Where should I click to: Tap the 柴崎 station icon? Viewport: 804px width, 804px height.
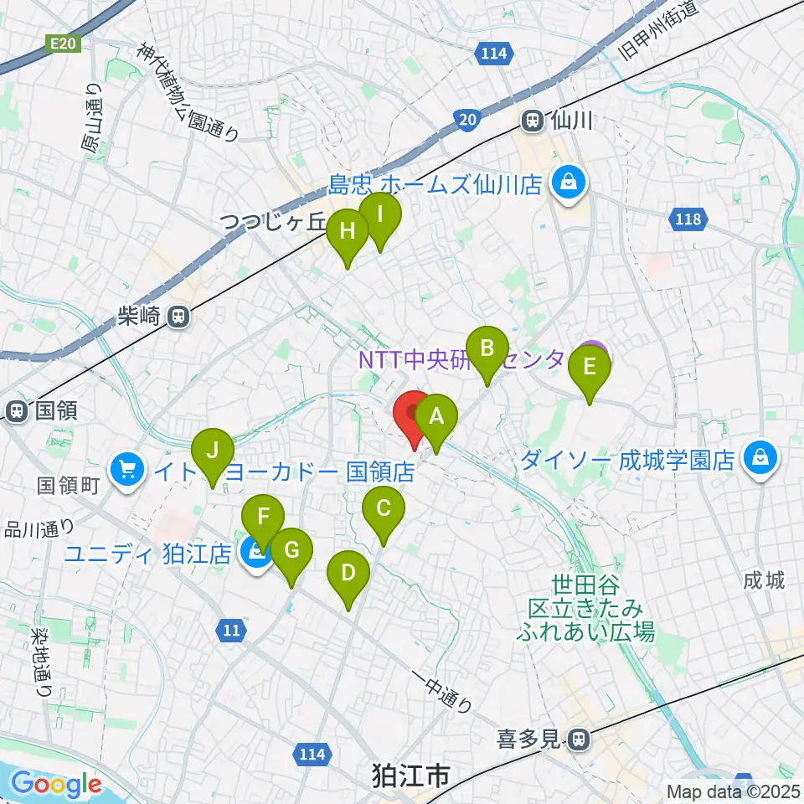click(178, 316)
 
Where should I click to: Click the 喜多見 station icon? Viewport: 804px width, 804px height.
click(578, 740)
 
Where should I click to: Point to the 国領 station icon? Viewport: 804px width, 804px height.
click(17, 411)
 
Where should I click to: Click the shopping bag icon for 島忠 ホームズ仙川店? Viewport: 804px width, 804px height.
click(569, 181)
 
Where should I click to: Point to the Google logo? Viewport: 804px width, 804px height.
click(56, 785)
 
